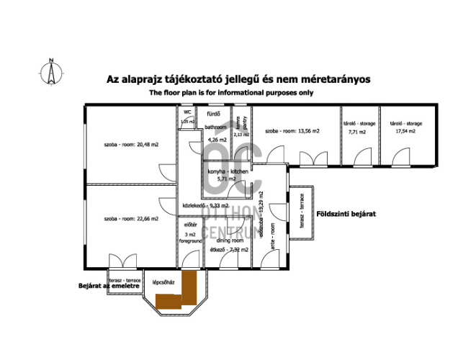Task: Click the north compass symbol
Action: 51,71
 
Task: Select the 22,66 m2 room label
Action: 130,218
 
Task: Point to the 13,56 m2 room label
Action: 292,132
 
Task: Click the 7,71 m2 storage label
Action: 357,128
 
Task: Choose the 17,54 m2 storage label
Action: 408,128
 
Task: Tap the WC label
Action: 186,113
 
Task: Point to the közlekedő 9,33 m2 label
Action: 206,206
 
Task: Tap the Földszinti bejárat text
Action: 346,215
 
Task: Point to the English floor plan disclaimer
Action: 231,93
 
